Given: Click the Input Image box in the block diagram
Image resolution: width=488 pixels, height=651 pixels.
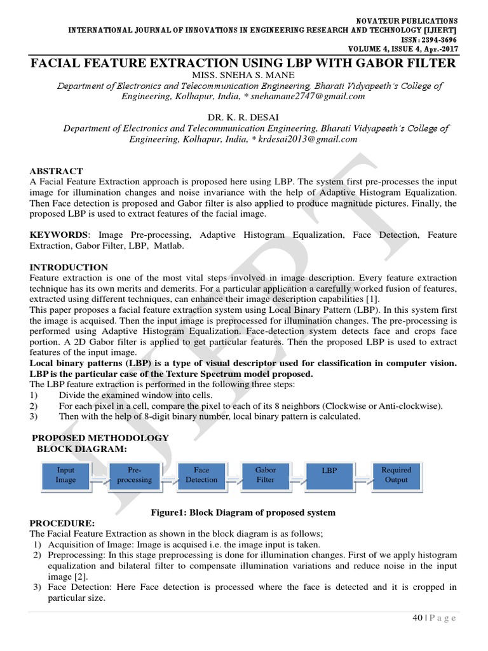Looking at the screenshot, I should tap(66, 476).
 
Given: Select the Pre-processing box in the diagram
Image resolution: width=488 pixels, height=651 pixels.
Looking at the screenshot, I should tap(134, 476).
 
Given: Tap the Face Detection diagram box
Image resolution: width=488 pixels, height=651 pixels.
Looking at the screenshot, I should tap(201, 476).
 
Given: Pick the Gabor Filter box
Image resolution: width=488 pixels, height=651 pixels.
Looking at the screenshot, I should tap(266, 476).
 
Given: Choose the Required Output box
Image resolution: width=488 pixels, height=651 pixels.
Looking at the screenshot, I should tap(396, 476).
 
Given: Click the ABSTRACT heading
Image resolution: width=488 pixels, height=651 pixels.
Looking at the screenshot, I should tap(57, 171).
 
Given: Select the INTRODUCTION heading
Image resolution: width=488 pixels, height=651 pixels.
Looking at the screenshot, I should tap(69, 268).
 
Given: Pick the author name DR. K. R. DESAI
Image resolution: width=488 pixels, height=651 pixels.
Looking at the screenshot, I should tap(244, 118).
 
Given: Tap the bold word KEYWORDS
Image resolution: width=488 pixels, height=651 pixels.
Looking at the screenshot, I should tap(60, 235).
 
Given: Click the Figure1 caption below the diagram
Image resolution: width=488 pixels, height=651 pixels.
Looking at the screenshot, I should tap(242, 512).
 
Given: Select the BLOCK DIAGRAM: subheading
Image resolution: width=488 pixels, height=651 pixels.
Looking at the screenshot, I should tap(82, 449).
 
